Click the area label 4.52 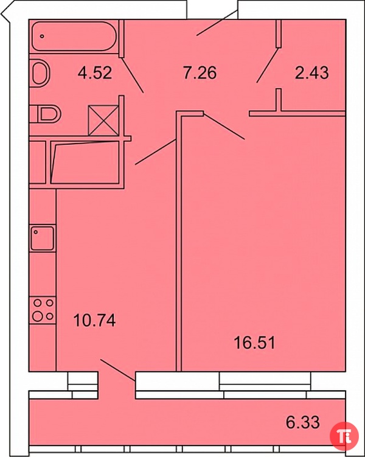pos(95,72)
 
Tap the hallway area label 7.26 pos(200,72)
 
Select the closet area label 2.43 pos(311,72)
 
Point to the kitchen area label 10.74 pos(94,320)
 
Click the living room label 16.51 pos(254,343)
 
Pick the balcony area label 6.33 pos(303,422)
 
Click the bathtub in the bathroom pos(74,37)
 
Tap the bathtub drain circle pos(42,37)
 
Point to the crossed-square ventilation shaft pos(103,120)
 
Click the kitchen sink pos(43,239)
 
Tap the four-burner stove pos(43,310)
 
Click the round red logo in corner pos(344,436)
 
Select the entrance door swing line pos(217,23)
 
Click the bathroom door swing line pos(132,75)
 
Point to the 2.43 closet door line pos(268,65)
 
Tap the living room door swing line pos(224,127)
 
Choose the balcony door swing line pos(118,370)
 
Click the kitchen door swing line pos(155,152)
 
